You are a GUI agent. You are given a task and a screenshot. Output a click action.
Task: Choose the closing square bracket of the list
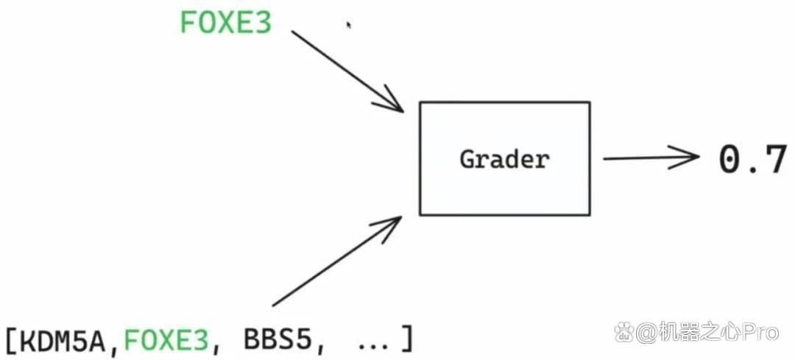[406, 339]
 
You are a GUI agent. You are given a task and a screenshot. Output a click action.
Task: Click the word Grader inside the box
[504, 160]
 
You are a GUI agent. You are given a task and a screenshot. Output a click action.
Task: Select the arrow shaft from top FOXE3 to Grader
[347, 71]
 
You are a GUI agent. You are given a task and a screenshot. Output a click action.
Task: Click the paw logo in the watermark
[623, 333]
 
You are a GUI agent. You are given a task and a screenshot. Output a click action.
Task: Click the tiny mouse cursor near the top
[349, 24]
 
